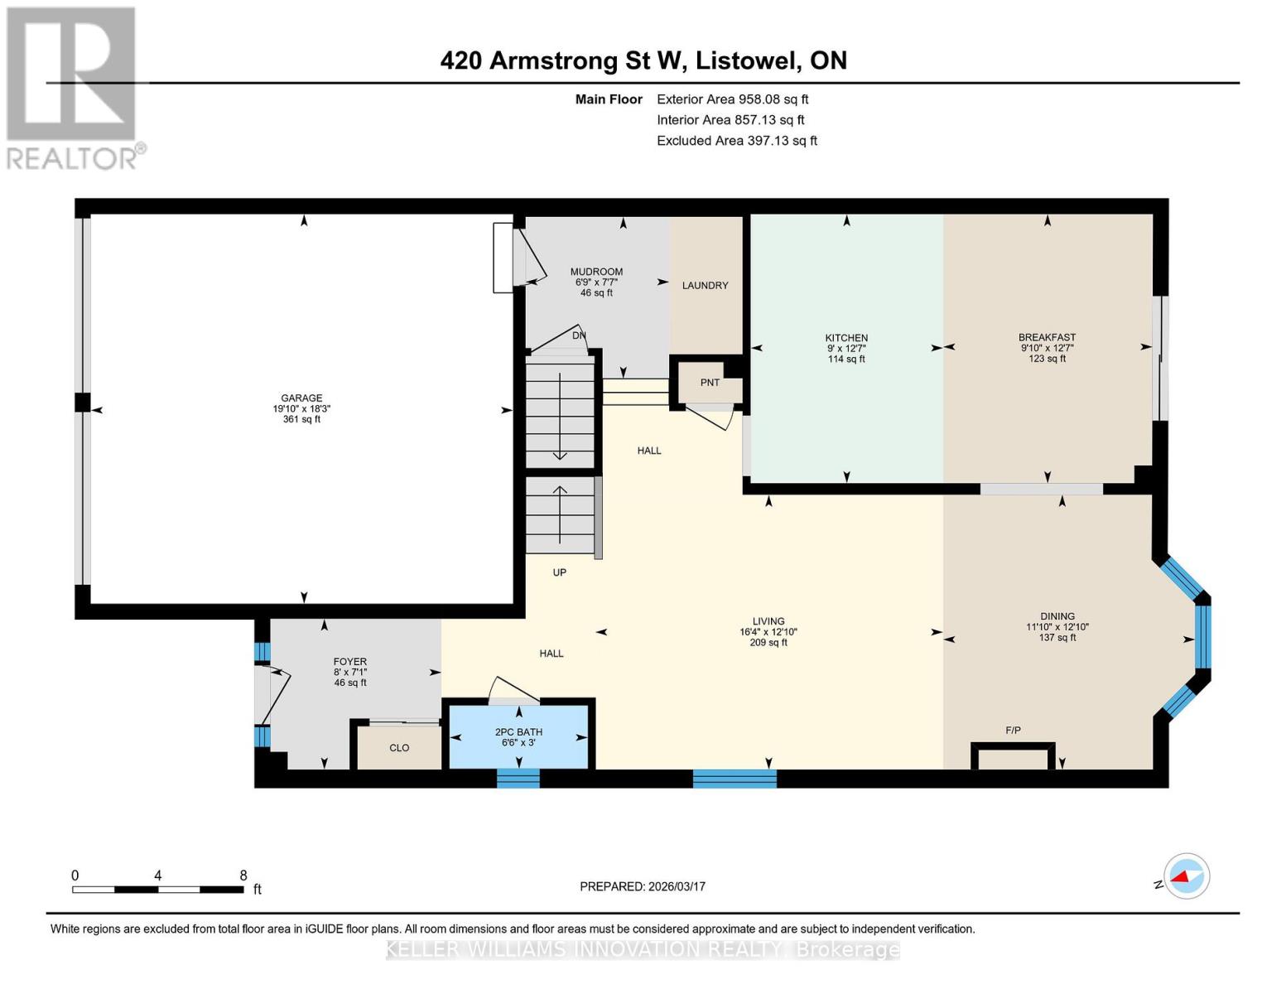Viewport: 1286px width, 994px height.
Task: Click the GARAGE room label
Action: pos(301,398)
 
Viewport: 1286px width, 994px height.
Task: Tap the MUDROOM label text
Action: pos(596,272)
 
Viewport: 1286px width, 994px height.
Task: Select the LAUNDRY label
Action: pos(705,286)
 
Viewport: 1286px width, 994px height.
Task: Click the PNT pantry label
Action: pos(710,383)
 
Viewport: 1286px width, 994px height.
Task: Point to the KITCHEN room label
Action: pos(846,338)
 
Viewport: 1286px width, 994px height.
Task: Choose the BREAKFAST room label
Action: pos(1047,337)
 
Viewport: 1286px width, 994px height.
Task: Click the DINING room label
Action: pos(1057,616)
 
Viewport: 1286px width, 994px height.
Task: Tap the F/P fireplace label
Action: pos(1013,731)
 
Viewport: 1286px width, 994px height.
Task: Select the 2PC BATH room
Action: pos(518,732)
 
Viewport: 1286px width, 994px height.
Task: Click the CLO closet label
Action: pos(399,748)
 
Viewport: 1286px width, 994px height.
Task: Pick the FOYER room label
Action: pos(350,662)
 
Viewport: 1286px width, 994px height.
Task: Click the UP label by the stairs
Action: pos(560,572)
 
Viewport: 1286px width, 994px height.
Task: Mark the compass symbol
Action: pos(1186,876)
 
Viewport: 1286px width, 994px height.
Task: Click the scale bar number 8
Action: pos(243,876)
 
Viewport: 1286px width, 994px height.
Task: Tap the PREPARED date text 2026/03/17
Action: pos(643,886)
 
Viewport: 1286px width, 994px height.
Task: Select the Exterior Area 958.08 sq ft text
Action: pos(732,99)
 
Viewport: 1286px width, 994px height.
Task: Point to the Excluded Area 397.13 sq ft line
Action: pos(736,141)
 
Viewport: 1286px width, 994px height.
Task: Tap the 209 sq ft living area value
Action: pos(768,643)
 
